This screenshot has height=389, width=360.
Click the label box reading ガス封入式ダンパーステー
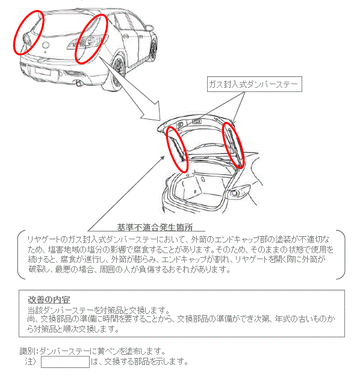pos(255,84)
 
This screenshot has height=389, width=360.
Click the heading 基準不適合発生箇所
pos(155,227)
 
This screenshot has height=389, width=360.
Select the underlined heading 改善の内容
pos(49,299)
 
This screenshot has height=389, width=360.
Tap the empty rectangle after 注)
pos(65,362)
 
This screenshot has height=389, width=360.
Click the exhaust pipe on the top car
pos(79,84)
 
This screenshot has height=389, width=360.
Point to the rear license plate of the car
pos(43,72)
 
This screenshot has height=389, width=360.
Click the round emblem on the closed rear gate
pos(46,45)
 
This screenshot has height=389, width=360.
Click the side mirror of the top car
pos(149,28)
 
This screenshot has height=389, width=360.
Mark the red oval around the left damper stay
pos(177,149)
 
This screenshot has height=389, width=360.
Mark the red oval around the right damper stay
pos(233,145)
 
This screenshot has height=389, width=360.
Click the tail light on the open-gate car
pos(240,191)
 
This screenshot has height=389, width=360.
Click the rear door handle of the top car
pos(126,37)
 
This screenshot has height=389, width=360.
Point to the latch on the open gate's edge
pos(197,121)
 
